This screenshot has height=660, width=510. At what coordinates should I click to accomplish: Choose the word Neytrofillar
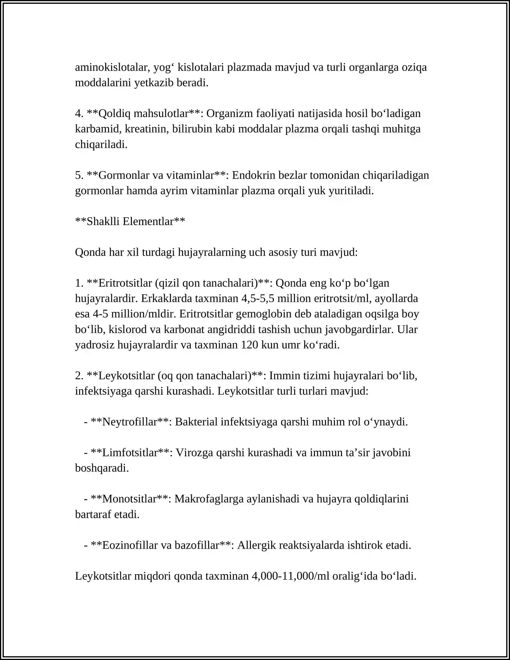point(129,422)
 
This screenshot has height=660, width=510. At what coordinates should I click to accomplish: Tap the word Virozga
point(194,453)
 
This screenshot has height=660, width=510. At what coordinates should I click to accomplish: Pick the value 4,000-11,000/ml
point(290,576)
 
